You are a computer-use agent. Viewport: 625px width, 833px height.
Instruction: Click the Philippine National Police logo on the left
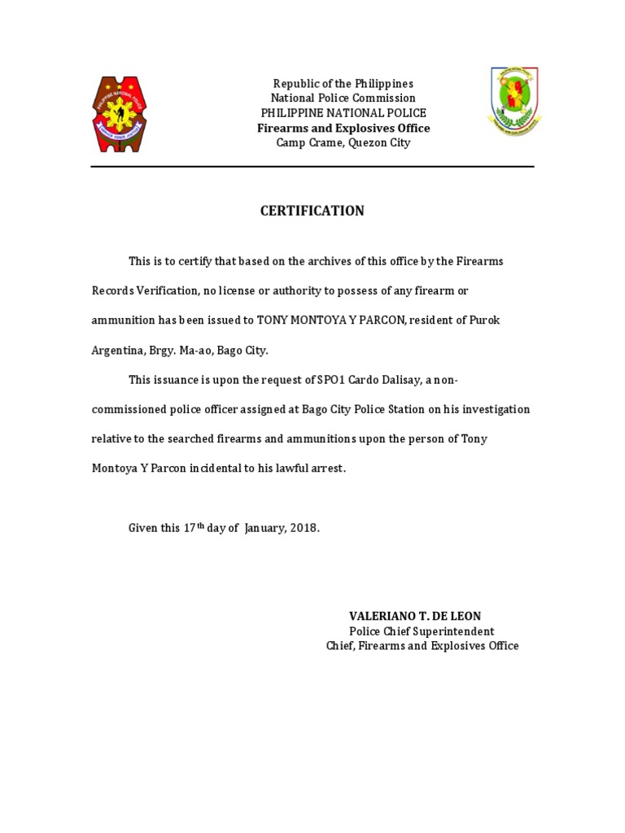click(x=120, y=114)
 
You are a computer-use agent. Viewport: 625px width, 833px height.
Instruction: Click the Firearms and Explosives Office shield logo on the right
click(x=514, y=102)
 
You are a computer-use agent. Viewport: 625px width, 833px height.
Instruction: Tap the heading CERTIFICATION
click(x=312, y=211)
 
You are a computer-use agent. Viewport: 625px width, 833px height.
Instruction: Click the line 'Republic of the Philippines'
click(x=343, y=84)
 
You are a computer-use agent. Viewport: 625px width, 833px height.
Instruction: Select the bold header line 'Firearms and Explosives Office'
click(x=343, y=129)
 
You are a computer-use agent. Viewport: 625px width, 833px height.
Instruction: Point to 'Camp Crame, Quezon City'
click(x=343, y=143)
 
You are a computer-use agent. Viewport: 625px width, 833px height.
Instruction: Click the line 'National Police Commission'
click(x=343, y=98)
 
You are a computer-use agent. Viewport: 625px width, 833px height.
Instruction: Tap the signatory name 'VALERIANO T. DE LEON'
click(x=415, y=617)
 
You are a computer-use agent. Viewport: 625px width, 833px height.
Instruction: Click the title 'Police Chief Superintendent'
click(x=422, y=631)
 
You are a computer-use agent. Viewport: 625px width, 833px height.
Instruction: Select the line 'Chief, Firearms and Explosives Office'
click(x=422, y=646)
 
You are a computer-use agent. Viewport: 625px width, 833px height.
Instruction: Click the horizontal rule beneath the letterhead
click(x=312, y=167)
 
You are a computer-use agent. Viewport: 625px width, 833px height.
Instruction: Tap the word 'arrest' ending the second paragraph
click(x=326, y=469)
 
